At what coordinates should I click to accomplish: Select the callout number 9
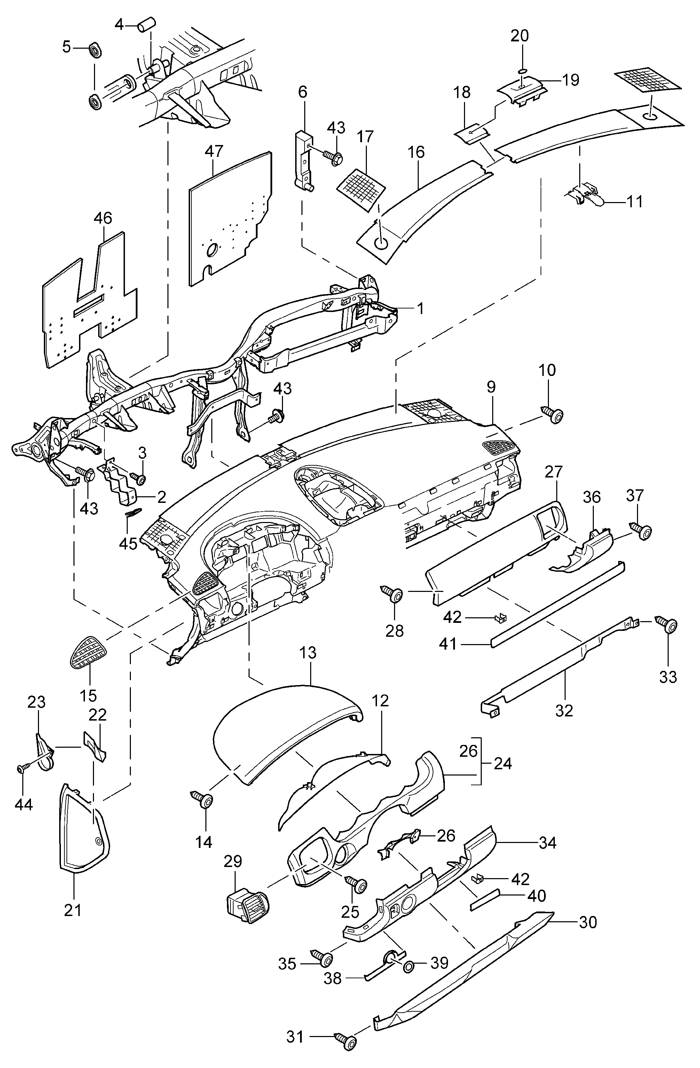point(491,386)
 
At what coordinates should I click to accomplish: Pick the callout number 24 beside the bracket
point(503,763)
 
